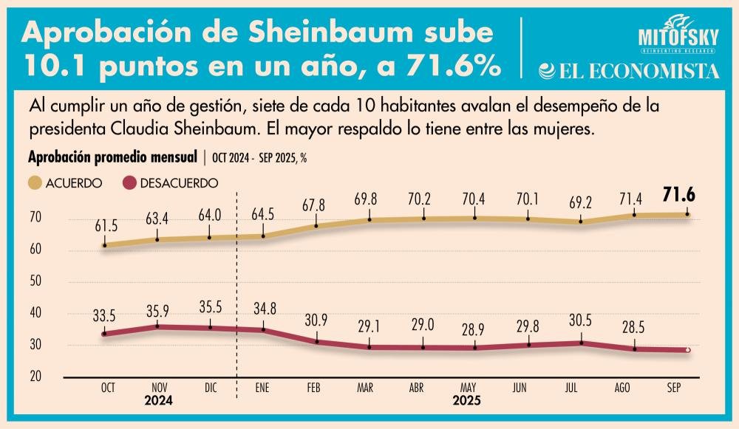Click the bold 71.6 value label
[687, 196]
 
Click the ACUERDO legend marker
[35, 181]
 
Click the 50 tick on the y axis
[37, 281]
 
